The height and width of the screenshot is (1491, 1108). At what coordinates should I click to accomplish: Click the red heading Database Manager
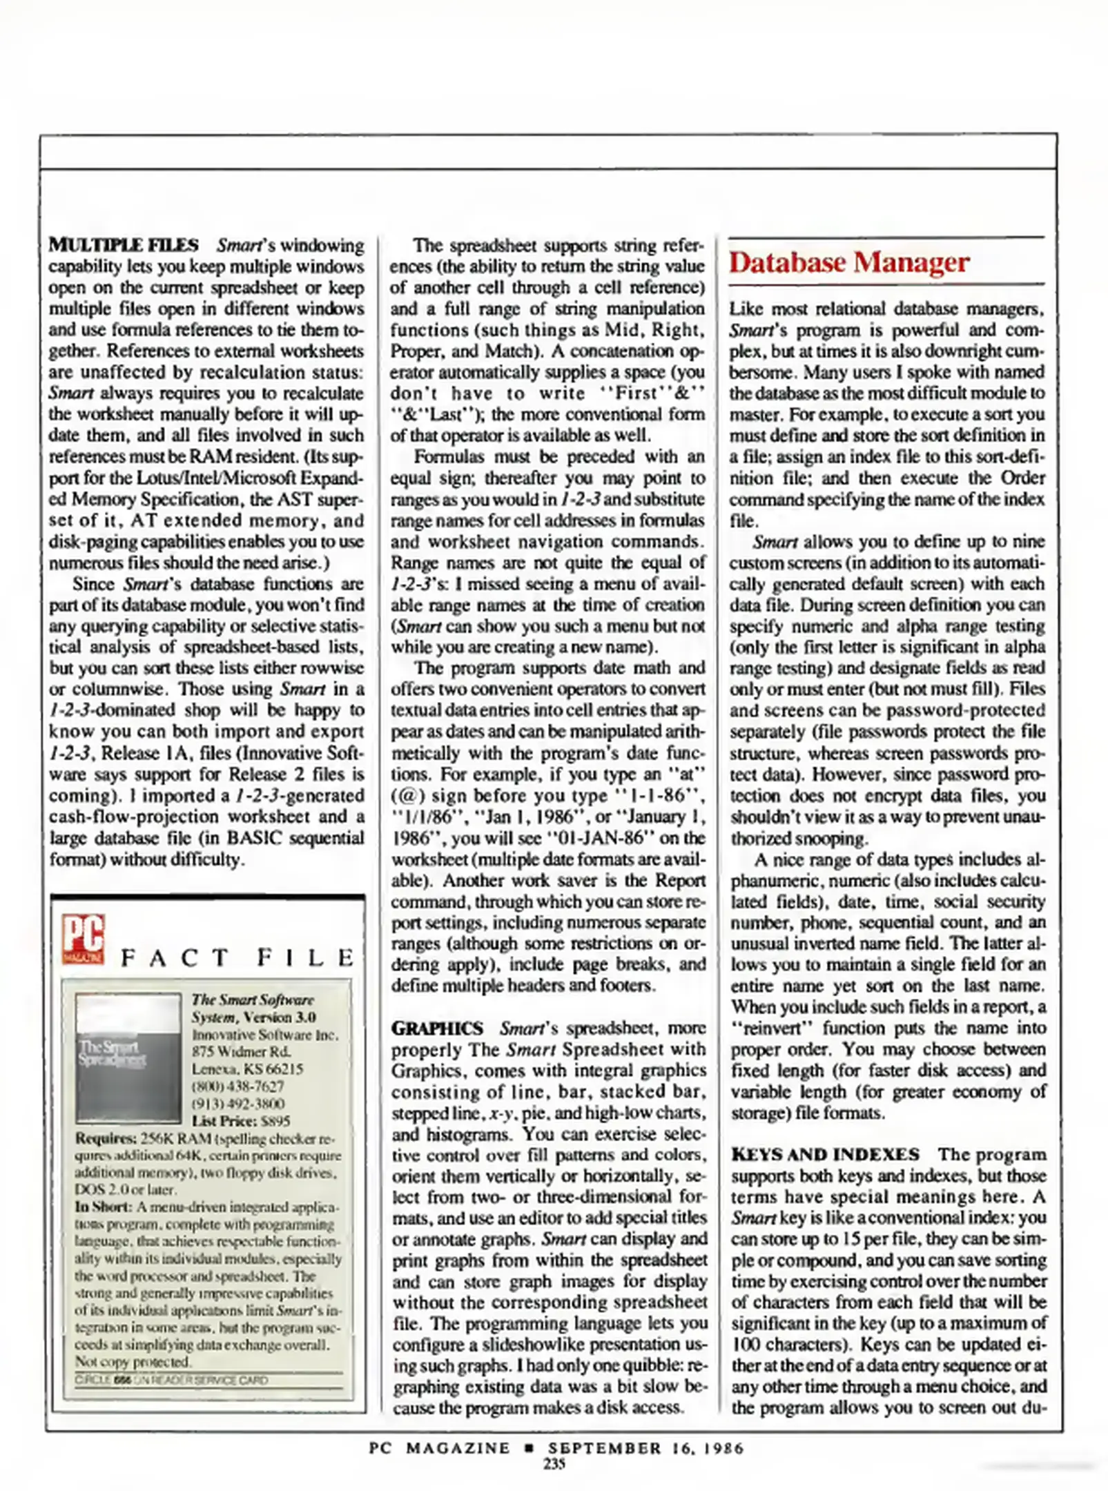(848, 262)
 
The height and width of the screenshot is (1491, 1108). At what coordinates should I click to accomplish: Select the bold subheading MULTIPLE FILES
(124, 245)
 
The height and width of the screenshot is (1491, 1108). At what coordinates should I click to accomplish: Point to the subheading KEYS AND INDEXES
(825, 1154)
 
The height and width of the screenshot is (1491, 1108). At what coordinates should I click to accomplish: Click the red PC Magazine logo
(83, 939)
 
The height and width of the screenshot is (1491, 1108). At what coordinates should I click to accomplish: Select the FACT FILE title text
(237, 957)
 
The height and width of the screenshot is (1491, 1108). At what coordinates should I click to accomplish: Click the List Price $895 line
(240, 1121)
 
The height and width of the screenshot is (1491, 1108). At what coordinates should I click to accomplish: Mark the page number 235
(554, 1464)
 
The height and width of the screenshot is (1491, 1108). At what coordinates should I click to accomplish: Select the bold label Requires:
(106, 1138)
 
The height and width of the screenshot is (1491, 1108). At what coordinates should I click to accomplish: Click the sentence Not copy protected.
(132, 1362)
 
